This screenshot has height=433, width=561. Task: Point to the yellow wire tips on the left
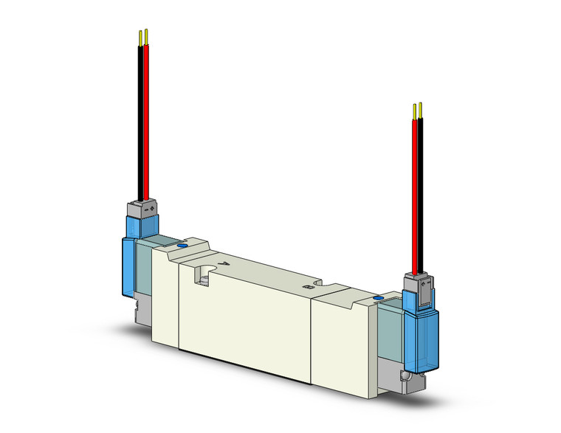click(142, 35)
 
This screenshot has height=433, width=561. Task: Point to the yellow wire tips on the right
click(418, 108)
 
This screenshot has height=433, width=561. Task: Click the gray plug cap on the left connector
click(144, 209)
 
